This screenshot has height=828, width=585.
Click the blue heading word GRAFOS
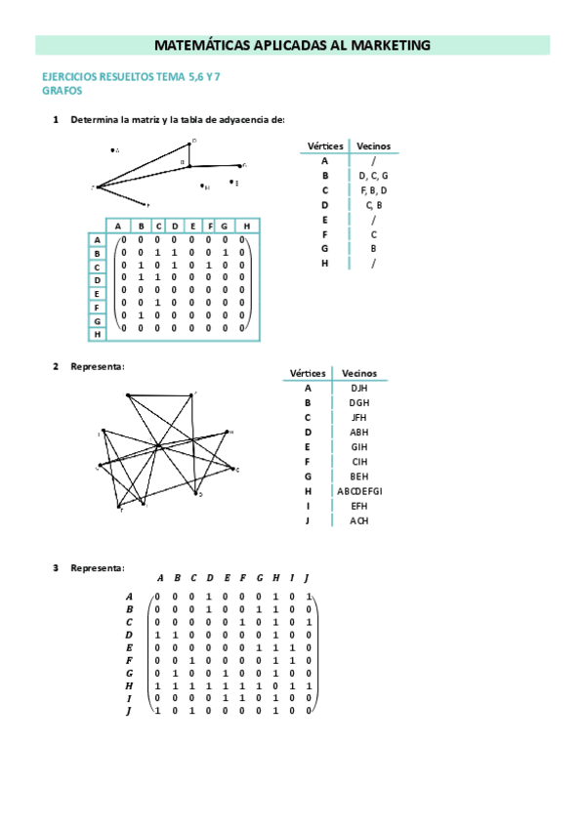(x=62, y=91)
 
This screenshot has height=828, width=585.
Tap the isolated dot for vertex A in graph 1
(x=112, y=150)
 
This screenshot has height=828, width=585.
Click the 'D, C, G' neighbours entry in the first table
(x=373, y=176)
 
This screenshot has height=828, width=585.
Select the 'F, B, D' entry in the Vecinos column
(x=373, y=190)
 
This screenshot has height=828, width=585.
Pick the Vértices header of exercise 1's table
(x=324, y=145)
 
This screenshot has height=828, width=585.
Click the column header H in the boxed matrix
(x=247, y=227)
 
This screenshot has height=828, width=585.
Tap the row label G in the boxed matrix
(x=97, y=320)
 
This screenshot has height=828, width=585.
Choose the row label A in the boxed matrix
(x=97, y=239)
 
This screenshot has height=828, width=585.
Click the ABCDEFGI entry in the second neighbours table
(x=358, y=491)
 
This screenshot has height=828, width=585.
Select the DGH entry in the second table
(x=358, y=402)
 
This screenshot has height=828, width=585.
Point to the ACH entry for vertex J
(x=358, y=520)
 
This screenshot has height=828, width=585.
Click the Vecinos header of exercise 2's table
(x=358, y=373)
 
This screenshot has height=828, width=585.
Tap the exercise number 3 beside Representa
(x=56, y=567)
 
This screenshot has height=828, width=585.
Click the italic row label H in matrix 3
(x=128, y=685)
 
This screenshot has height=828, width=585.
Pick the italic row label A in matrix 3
(x=128, y=596)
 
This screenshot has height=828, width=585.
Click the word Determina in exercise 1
(x=94, y=120)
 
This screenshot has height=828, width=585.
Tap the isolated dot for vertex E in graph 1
(x=231, y=181)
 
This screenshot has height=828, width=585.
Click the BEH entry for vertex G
(x=358, y=476)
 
